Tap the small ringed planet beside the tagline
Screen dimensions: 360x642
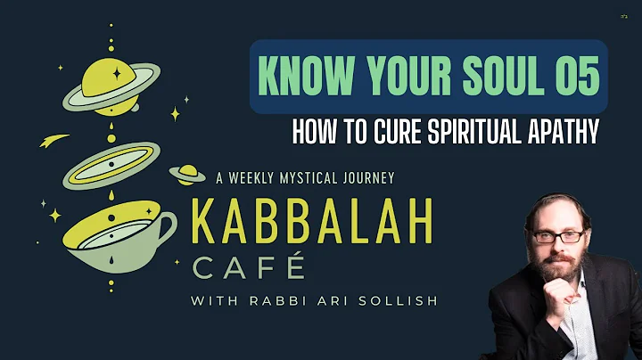(x=187, y=174)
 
